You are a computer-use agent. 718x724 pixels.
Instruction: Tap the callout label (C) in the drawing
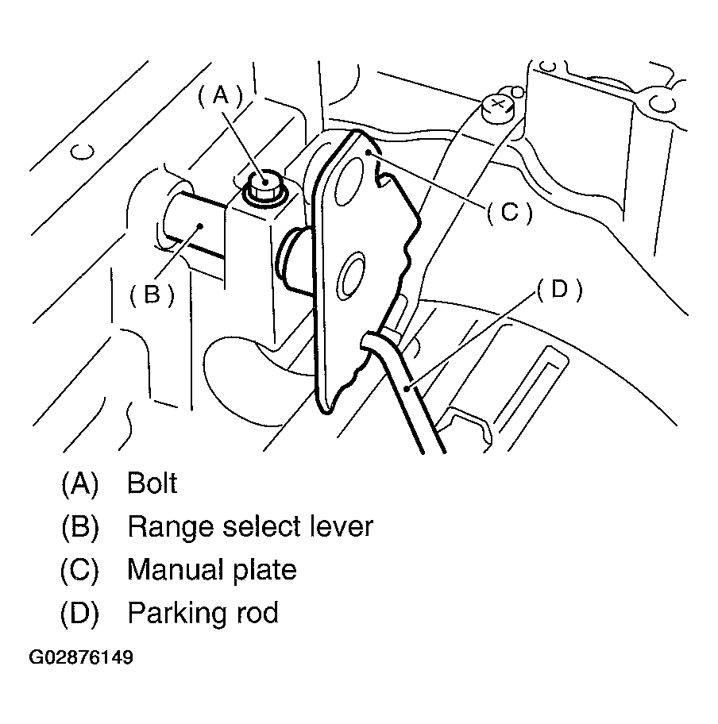pos(508,211)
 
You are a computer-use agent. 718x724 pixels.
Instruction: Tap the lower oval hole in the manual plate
pos(352,279)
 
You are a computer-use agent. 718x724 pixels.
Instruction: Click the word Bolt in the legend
pos(152,483)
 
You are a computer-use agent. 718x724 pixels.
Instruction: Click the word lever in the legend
pos(338,526)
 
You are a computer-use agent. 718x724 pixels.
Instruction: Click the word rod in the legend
pos(256,614)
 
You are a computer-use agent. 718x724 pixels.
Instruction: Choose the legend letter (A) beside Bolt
pos(79,483)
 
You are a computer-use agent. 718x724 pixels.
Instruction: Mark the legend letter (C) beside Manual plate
pos(79,570)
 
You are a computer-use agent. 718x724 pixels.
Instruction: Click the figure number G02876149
pos(81,658)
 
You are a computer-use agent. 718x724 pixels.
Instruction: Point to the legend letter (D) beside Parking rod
pos(79,614)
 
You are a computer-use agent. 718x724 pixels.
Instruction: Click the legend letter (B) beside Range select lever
pos(79,526)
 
